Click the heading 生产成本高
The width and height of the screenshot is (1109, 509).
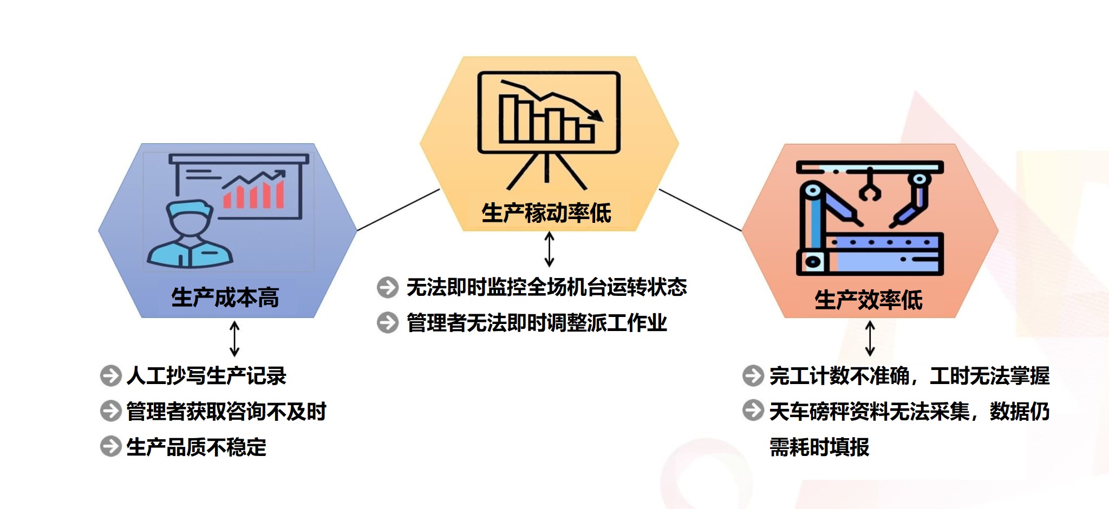coord(225,298)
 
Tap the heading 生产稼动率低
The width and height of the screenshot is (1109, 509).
coord(546,213)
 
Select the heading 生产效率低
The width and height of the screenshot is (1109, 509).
coord(869,300)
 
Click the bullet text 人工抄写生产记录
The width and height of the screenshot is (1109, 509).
coord(206,375)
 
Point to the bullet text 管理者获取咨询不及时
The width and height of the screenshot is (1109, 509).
coord(226,411)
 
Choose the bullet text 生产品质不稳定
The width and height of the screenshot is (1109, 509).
coord(196,447)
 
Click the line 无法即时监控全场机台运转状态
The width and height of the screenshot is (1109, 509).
coord(547,287)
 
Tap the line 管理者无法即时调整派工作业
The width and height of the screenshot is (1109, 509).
coord(537,323)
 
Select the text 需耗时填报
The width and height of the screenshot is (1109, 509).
coord(819,447)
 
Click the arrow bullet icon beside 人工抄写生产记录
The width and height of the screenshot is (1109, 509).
coord(111,376)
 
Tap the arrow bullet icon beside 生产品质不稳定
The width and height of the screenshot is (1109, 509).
coord(111,446)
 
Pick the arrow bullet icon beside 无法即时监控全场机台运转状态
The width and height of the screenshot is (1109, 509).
coord(388,287)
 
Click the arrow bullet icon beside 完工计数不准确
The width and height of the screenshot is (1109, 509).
coord(753,375)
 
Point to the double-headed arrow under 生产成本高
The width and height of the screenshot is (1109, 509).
coord(234,339)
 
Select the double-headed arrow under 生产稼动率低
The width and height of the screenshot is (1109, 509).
coord(549,249)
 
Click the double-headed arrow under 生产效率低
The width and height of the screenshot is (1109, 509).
coord(870,338)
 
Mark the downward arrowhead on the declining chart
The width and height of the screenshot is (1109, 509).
coord(596,115)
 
